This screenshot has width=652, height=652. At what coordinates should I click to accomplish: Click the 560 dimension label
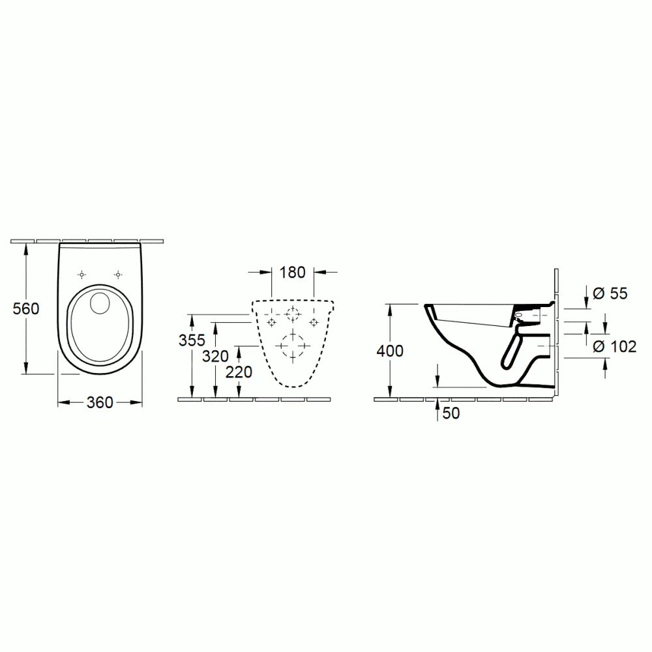pos(26,308)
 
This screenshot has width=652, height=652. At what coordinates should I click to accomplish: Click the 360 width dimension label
pos(100,403)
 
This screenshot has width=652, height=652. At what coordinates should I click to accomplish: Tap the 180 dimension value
pos(292,272)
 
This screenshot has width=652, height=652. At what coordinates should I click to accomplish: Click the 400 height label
pos(390,351)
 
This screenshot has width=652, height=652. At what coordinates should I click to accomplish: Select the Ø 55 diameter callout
pos(611,294)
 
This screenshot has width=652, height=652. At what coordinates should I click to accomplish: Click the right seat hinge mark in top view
pos(117,274)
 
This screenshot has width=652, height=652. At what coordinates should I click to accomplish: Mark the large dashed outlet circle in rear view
pos(293,345)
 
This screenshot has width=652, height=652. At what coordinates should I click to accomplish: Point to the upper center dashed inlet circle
pos(293,314)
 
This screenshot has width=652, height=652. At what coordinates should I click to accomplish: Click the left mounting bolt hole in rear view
pos(272,322)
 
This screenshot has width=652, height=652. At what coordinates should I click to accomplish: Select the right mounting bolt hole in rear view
pos(314,322)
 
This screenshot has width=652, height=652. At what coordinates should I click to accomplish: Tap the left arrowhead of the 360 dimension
pos(62,403)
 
